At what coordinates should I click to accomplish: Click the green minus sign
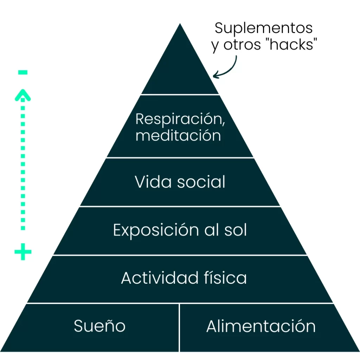click(23, 73)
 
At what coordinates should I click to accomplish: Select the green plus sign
click(23, 252)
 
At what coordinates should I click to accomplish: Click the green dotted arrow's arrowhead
click(23, 95)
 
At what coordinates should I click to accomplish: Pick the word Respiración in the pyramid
click(180, 119)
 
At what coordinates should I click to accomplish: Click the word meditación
click(178, 135)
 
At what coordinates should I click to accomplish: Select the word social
click(201, 182)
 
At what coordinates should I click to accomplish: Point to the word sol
click(235, 230)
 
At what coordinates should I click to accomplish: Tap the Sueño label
click(99, 326)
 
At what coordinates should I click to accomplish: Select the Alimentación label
click(261, 326)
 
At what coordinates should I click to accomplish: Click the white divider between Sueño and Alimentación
click(179, 327)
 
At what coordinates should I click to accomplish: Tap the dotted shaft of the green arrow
click(23, 165)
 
